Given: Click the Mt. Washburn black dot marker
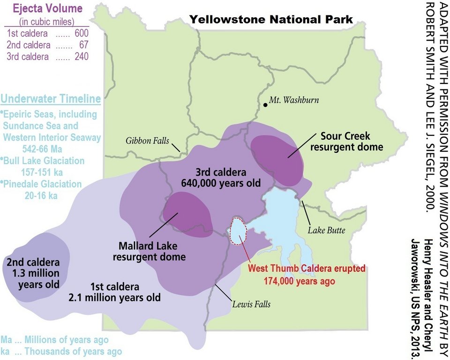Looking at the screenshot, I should coord(266,105).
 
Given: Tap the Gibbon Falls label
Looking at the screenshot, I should coord(147,140).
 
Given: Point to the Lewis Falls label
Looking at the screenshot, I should coord(251,304).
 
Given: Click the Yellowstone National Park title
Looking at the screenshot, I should coord(271,19).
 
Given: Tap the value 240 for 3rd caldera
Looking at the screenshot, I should coord(82,57).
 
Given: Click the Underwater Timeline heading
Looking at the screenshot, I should coord(51,99).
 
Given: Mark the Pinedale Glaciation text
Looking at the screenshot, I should coord(42,184).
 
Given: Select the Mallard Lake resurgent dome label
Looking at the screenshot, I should coord(149,251).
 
